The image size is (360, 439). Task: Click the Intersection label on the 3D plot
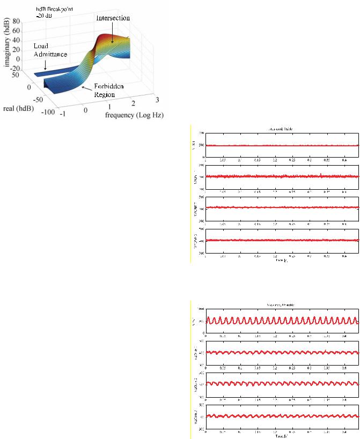click(113, 18)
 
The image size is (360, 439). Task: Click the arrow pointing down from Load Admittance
click(45, 64)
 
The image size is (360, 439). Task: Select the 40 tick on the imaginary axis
click(16, 40)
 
